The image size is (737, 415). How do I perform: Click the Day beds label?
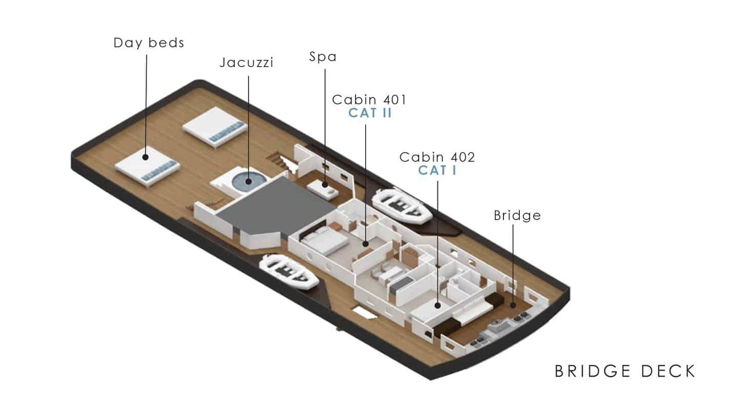tap(149, 42)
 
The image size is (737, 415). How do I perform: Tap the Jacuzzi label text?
tap(246, 63)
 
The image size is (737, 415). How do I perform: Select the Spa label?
tap(323, 57)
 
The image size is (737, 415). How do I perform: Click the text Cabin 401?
tap(369, 99)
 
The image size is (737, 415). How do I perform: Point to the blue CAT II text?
tap(370, 113)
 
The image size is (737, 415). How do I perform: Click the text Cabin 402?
tap(437, 157)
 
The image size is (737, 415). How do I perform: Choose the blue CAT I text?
tap(437, 170)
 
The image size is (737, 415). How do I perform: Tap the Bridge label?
tap(517, 215)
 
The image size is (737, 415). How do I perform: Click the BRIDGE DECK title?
tap(625, 370)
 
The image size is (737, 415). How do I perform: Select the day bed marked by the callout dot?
tap(145, 166)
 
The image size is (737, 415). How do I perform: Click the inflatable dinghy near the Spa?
tap(403, 206)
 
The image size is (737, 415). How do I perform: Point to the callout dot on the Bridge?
tap(513, 305)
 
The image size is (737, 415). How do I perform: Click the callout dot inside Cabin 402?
tap(437, 305)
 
